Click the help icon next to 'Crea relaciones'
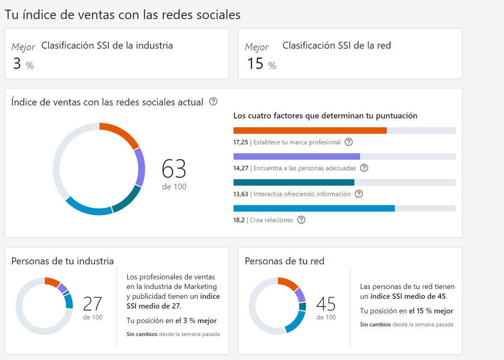[301, 220]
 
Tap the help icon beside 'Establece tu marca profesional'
[349, 142]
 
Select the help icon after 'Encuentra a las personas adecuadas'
[364, 168]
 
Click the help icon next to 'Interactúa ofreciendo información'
[359, 194]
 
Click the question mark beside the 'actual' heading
[213, 102]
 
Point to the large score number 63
[174, 169]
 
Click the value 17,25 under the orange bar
[241, 142]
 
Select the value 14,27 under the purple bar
[241, 168]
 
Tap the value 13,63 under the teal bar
[241, 194]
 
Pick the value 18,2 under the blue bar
[239, 220]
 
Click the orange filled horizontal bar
[310, 131]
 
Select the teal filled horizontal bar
[294, 183]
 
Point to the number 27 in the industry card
[92, 304]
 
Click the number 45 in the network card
[326, 304]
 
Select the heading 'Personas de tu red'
[284, 261]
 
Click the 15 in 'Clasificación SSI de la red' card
[255, 64]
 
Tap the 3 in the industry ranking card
[17, 64]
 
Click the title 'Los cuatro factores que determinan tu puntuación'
[325, 116]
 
